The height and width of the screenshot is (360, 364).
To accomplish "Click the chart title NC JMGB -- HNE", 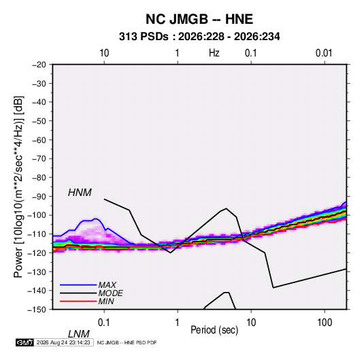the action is click(x=199, y=19).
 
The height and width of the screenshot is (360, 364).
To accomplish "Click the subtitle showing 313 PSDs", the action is click(x=199, y=37).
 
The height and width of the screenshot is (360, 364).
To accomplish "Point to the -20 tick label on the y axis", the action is click(x=39, y=65).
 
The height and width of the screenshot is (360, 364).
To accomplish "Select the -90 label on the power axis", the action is click(x=39, y=197).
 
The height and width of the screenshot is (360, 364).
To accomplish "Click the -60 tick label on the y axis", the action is click(x=39, y=140).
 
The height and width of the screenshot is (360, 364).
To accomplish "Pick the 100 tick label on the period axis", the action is click(x=325, y=323).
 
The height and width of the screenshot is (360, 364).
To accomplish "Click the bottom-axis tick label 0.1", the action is click(x=104, y=323).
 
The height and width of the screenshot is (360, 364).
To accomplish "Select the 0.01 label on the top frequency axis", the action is click(x=324, y=53).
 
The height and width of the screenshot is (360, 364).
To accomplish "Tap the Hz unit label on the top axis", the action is click(x=214, y=53).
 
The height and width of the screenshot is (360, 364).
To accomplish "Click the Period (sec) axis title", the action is click(x=214, y=330).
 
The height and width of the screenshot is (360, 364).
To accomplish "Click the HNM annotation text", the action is click(x=80, y=193).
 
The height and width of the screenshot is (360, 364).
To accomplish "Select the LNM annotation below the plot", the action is click(x=79, y=334).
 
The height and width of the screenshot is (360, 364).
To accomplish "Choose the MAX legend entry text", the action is click(x=107, y=285).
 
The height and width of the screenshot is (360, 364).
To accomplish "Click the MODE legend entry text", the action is click(x=110, y=293).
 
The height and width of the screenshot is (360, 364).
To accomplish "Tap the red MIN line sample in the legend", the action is click(x=78, y=301).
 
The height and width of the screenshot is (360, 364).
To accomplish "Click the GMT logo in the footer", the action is click(x=25, y=342).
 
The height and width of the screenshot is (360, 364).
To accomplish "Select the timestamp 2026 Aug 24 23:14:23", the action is click(x=63, y=342).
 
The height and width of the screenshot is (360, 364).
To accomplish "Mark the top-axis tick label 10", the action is click(x=104, y=53).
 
